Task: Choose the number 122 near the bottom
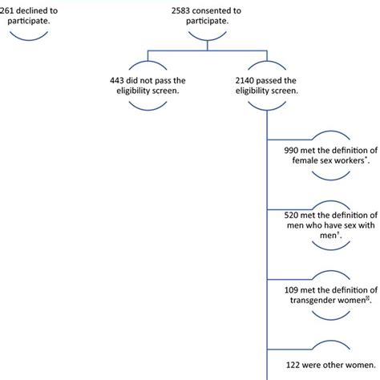286,366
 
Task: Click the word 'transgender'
317,301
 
